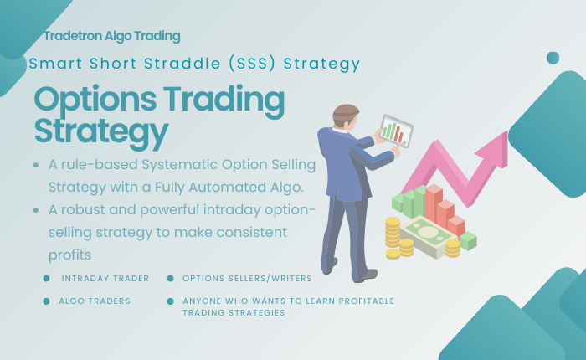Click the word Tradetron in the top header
76,36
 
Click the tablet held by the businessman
392,130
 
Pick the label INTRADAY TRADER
105,278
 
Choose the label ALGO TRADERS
95,301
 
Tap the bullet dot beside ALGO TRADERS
46,301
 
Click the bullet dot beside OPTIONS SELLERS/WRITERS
170,278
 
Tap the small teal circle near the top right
553,58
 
